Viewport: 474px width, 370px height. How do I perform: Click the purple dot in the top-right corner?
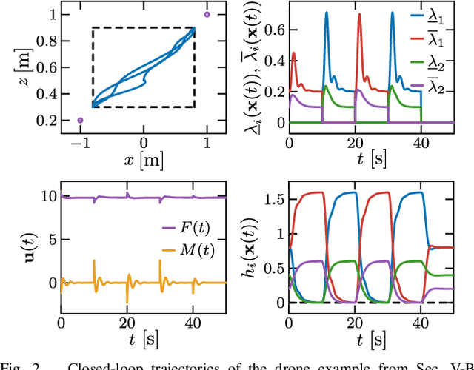[207, 14]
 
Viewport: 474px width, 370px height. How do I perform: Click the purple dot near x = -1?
[80, 119]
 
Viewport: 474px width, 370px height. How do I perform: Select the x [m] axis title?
[144, 159]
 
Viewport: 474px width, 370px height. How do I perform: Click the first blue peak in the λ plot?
[327, 13]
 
